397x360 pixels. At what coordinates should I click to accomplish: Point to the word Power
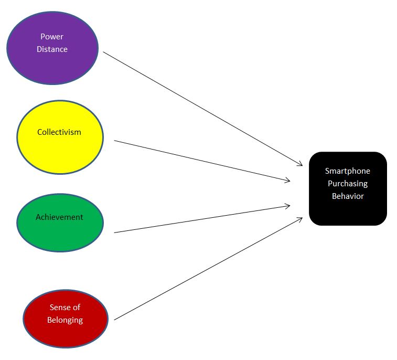(x=52, y=37)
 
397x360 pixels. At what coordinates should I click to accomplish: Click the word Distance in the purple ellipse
(x=52, y=49)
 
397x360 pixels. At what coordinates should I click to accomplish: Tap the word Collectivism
(x=59, y=132)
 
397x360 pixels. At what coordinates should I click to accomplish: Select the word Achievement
(x=59, y=217)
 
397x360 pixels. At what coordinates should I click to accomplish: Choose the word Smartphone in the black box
(x=348, y=171)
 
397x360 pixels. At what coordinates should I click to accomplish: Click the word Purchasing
(x=348, y=184)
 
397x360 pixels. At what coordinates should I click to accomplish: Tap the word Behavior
(x=348, y=196)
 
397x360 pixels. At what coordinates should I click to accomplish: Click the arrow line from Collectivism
(x=202, y=161)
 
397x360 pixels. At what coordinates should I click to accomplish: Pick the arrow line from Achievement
(x=202, y=219)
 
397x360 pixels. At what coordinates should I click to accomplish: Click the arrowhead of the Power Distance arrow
(x=300, y=165)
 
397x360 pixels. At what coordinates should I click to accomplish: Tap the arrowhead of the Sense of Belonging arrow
(x=299, y=219)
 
